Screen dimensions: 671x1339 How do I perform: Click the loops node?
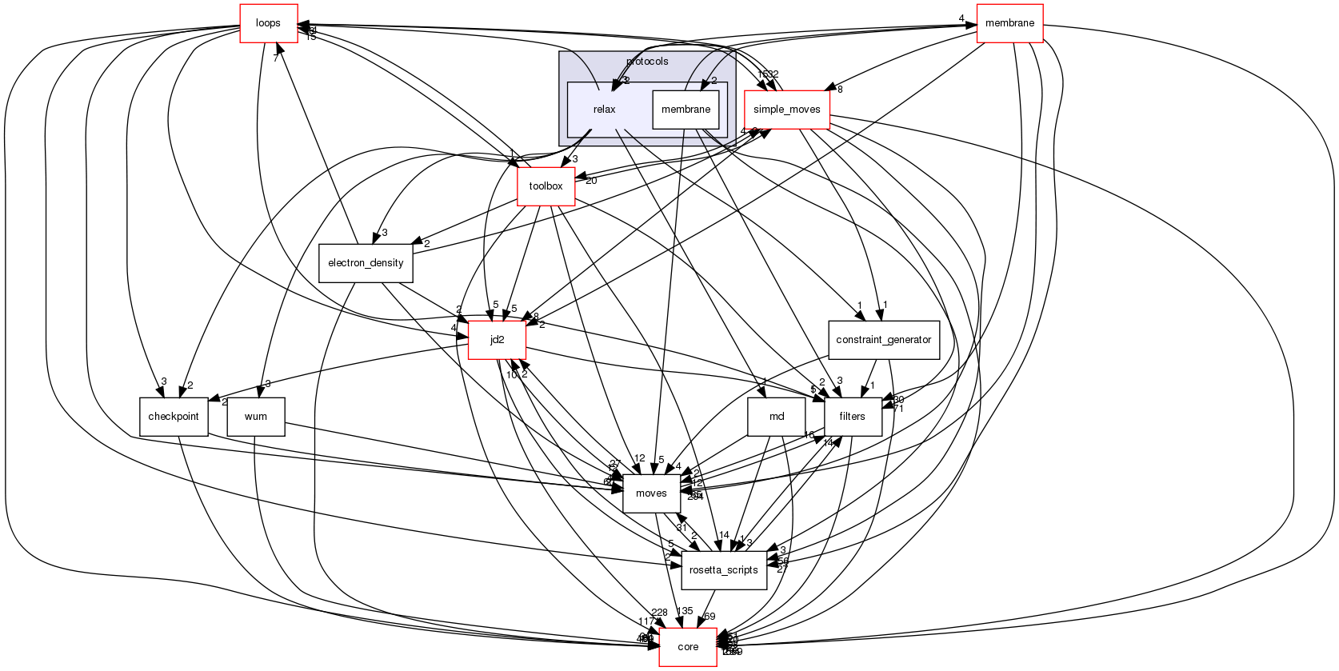[x=269, y=23]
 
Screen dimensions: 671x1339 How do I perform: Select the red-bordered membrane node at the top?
[x=1009, y=23]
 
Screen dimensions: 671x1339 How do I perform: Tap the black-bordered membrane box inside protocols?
[x=685, y=110]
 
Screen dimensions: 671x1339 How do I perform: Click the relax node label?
[x=605, y=110]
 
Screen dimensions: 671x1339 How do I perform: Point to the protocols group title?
[x=647, y=62]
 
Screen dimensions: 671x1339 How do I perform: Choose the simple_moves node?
[x=786, y=110]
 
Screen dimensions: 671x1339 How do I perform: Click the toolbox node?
[x=546, y=186]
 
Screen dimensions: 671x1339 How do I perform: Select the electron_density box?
[x=366, y=263]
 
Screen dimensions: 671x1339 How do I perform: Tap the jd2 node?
[x=497, y=340]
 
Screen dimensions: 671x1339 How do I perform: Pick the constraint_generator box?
[x=883, y=340]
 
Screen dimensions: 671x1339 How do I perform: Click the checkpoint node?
[x=174, y=417]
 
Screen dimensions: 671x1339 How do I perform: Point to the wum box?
[x=256, y=417]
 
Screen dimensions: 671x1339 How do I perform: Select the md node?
[x=776, y=417]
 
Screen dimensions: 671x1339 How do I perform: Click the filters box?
[x=852, y=417]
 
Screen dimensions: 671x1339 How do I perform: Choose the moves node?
[x=651, y=493]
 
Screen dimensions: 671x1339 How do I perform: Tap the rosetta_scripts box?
[x=723, y=570]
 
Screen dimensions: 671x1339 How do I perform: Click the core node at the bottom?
[x=688, y=647]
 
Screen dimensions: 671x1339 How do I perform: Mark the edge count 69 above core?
[x=709, y=617]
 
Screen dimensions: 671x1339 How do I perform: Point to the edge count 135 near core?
[x=685, y=611]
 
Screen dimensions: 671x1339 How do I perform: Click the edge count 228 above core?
[x=659, y=613]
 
